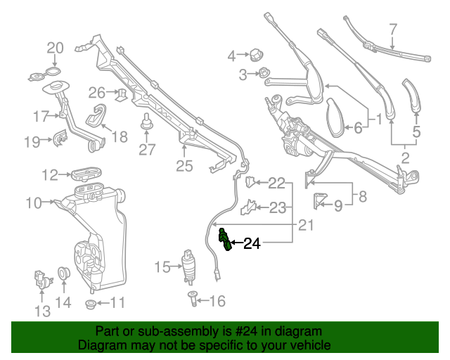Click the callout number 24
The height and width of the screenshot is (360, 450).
tap(252, 244)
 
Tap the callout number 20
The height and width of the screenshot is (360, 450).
tap(55, 49)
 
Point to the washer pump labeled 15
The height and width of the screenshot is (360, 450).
tap(188, 264)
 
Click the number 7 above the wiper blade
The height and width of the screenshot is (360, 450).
tap(393, 30)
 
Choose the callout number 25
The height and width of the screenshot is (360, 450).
tap(184, 166)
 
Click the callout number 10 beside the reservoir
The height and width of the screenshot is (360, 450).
tap(34, 204)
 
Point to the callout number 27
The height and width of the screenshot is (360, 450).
tap(146, 149)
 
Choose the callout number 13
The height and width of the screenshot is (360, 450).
tap(42, 310)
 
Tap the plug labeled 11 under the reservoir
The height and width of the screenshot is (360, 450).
tap(91, 304)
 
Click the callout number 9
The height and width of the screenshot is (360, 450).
tap(337, 205)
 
